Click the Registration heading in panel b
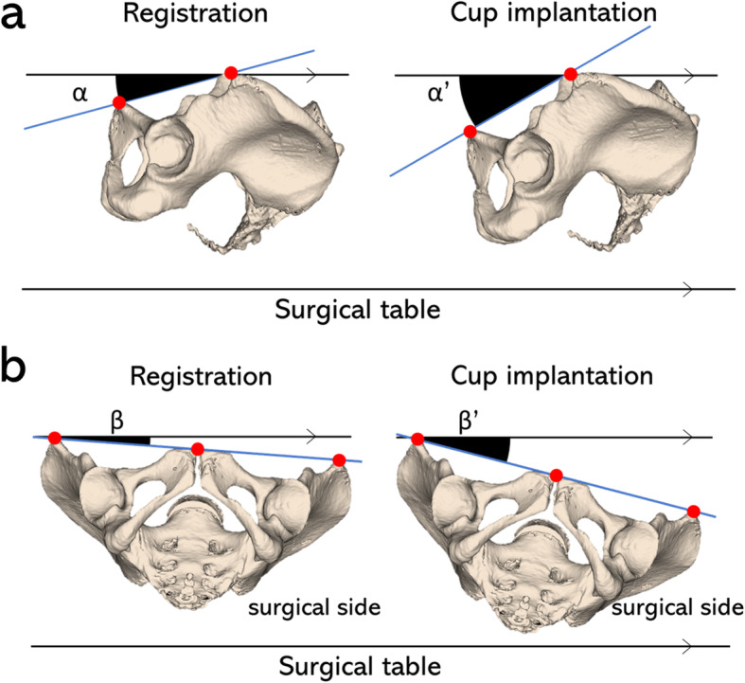pos(202,375)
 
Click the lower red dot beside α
pos(118,102)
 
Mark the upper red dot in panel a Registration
pos(230,73)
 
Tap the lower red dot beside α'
pos(470,132)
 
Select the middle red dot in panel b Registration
pos(197,449)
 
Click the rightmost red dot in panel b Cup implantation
pos(694,512)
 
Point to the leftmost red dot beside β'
pos(417,440)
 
